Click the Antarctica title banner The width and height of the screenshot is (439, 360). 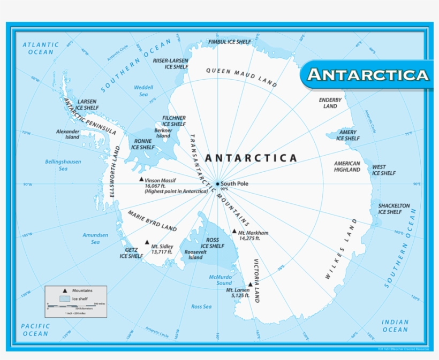[x=368, y=74]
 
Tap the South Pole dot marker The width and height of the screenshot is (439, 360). [x=217, y=184]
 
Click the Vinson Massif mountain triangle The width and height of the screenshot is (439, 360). [x=141, y=180]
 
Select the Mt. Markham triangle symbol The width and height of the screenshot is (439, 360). [x=234, y=232]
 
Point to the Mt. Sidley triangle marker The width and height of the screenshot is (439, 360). [x=147, y=242]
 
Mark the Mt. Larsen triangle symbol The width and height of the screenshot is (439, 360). [x=250, y=285]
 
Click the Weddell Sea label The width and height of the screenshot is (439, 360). [x=143, y=90]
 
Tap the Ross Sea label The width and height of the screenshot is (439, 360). [x=201, y=307]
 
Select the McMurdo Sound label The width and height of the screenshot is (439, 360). [x=221, y=279]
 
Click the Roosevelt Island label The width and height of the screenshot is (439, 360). [x=193, y=254]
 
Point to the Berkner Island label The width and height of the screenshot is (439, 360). [x=163, y=133]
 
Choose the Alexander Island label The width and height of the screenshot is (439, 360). [x=68, y=133]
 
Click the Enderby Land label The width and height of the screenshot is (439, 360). [x=330, y=103]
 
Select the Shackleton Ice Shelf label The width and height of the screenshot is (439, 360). [x=393, y=209]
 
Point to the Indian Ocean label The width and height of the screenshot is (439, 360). [x=395, y=326]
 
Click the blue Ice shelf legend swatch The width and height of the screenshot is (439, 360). [x=65, y=298]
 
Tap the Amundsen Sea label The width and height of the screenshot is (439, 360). [x=95, y=238]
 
